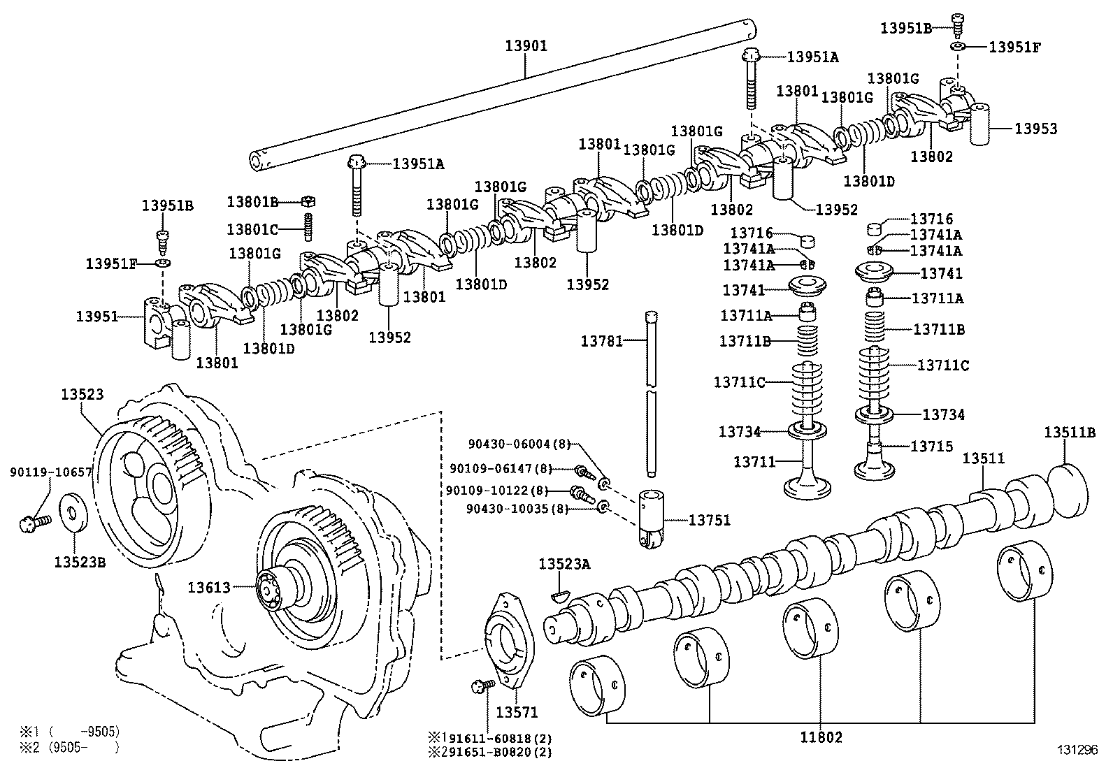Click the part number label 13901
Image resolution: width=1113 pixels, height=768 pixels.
[526, 46]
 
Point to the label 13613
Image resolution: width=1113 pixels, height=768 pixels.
[208, 588]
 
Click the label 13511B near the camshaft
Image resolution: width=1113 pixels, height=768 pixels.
[1070, 433]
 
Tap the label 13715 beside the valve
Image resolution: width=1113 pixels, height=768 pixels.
[931, 446]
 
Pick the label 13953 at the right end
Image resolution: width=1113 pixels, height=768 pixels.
[1036, 129]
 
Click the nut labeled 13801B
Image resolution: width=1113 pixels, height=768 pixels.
[309, 202]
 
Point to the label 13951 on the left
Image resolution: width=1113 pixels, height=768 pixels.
[96, 317]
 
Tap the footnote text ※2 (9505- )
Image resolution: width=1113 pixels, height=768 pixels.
[69, 748]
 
